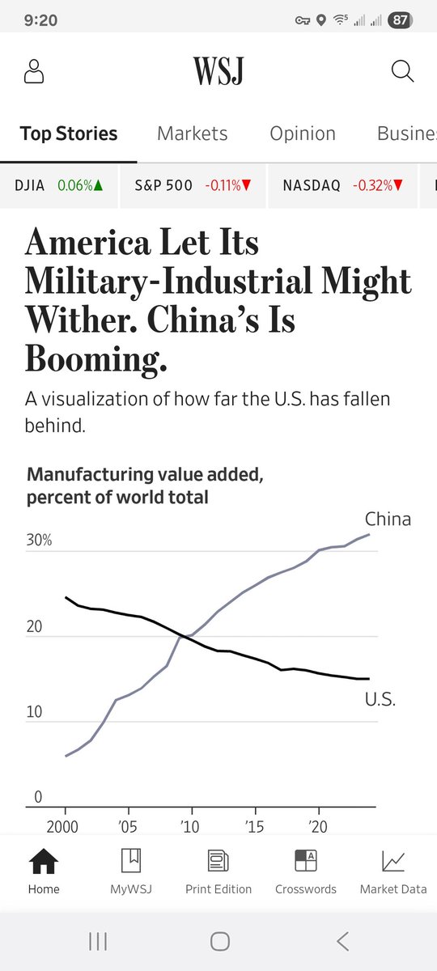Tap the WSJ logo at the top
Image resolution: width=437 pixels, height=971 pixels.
(x=218, y=70)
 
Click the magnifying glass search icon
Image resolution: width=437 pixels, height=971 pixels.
(x=402, y=71)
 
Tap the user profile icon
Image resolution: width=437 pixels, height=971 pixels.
(x=34, y=71)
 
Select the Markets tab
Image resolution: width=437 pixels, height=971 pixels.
(x=192, y=134)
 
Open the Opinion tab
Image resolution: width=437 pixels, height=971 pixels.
(x=303, y=134)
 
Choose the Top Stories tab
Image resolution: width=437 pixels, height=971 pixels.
(x=69, y=134)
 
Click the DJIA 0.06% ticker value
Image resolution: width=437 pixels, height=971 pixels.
(x=80, y=185)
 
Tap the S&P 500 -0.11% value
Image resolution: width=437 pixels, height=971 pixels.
(x=228, y=185)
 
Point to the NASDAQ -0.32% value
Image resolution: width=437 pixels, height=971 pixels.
(x=378, y=185)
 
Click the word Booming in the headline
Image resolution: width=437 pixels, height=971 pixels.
(x=95, y=359)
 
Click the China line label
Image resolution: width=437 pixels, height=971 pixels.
(x=388, y=519)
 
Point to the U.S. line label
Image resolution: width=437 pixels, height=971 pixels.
(x=380, y=700)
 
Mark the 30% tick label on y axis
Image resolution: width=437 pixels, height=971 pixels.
(x=39, y=540)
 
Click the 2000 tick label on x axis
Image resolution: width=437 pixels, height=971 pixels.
(x=62, y=827)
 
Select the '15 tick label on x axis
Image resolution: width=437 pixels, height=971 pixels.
(x=254, y=827)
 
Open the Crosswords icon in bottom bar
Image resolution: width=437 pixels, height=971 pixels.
(x=306, y=860)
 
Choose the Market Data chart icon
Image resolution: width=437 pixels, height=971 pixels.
(x=393, y=861)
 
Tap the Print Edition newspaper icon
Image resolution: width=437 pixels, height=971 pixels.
(x=218, y=861)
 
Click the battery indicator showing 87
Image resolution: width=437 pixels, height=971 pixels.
(x=400, y=20)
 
